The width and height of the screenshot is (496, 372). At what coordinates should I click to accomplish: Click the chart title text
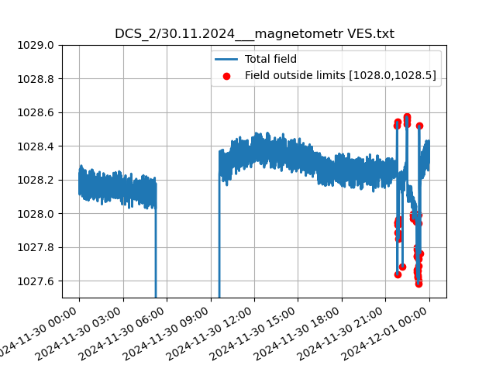[x=254, y=34]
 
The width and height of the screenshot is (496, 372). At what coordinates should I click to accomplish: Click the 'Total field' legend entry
[x=270, y=59]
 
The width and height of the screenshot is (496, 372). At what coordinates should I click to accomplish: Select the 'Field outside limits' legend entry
[x=340, y=75]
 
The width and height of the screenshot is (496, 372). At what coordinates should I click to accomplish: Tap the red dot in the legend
[x=227, y=75]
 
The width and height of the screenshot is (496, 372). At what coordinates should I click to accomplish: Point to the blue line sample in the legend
[x=227, y=59]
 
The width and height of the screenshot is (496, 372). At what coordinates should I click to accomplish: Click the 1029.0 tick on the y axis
[x=36, y=45]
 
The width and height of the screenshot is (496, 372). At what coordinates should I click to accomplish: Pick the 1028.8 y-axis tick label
[x=36, y=79]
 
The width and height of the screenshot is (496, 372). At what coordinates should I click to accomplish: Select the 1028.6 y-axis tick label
[x=36, y=112]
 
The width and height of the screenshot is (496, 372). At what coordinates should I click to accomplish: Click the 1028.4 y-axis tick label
[x=36, y=146]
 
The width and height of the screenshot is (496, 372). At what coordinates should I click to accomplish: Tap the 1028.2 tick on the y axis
[x=36, y=180]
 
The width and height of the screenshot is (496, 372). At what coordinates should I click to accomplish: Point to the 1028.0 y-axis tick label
[x=36, y=214]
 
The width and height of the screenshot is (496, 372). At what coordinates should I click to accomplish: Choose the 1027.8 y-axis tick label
[x=36, y=247]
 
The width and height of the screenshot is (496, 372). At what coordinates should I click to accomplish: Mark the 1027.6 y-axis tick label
[x=36, y=281]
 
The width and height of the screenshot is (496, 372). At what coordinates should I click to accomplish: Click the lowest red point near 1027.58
[x=418, y=284]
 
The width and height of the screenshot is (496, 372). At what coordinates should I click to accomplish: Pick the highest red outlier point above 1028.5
[x=407, y=117]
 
